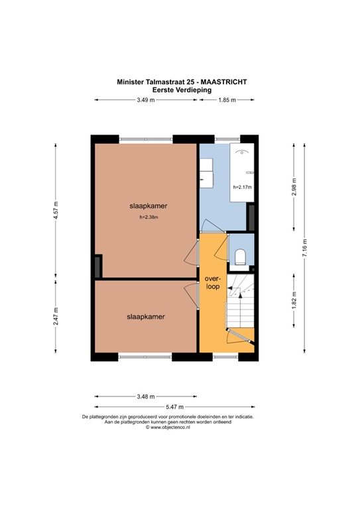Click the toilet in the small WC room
pyautogui.click(x=240, y=256)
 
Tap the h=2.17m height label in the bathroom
pyautogui.click(x=242, y=188)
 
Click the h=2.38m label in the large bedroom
pyautogui.click(x=148, y=217)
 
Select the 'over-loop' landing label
pyautogui.click(x=211, y=282)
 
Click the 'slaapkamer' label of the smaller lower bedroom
pyautogui.click(x=146, y=317)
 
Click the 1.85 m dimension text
pyautogui.click(x=227, y=100)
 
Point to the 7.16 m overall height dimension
pyautogui.click(x=304, y=248)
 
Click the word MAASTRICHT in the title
pyautogui.click(x=226, y=82)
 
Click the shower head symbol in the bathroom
pyautogui.click(x=243, y=152)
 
